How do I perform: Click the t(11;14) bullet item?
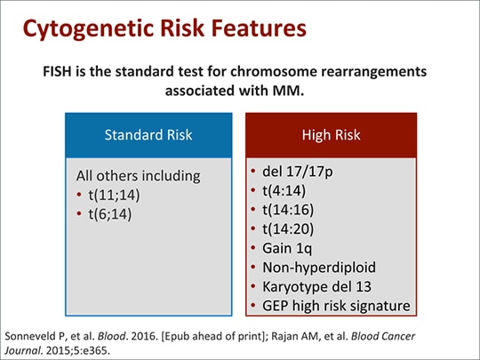click(x=106, y=195)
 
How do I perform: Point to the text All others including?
click(x=138, y=175)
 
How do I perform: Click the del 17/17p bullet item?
click(x=299, y=171)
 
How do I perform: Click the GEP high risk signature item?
click(x=336, y=306)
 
